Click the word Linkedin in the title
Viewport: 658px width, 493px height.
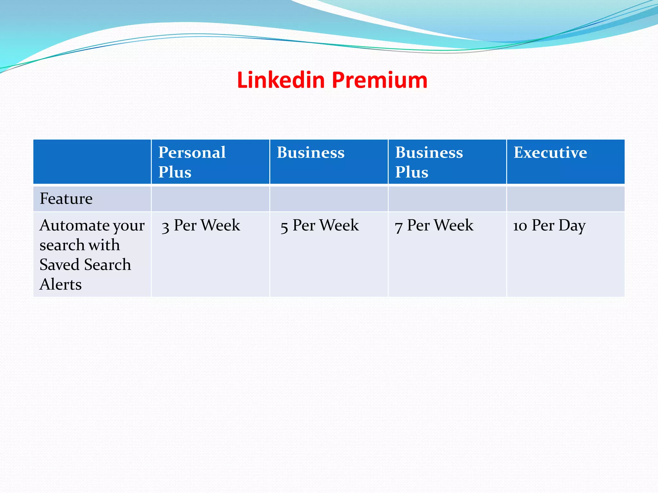click(281, 80)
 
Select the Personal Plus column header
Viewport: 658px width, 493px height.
click(192, 162)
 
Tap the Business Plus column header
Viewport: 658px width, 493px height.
click(429, 162)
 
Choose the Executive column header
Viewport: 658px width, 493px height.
click(550, 152)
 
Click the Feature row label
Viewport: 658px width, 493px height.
click(66, 199)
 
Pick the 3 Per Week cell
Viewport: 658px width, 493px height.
click(201, 225)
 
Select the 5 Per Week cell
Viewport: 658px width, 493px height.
click(319, 225)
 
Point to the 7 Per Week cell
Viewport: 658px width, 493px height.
click(434, 225)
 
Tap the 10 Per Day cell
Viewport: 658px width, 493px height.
click(549, 225)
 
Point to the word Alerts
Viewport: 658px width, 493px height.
click(61, 284)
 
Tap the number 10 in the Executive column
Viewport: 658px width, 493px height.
click(520, 226)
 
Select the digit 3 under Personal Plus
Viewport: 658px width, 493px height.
click(165, 227)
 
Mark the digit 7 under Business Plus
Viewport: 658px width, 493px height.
click(399, 227)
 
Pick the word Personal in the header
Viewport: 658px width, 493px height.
click(192, 152)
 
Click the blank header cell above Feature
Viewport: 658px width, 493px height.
click(92, 162)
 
